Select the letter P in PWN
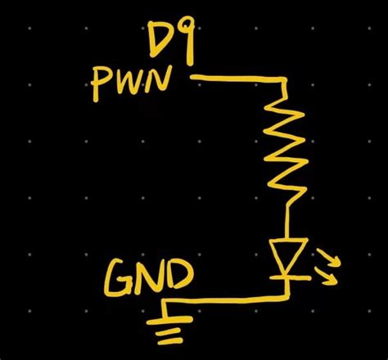point(104,83)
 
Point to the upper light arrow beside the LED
point(332,259)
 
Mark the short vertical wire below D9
point(192,56)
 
